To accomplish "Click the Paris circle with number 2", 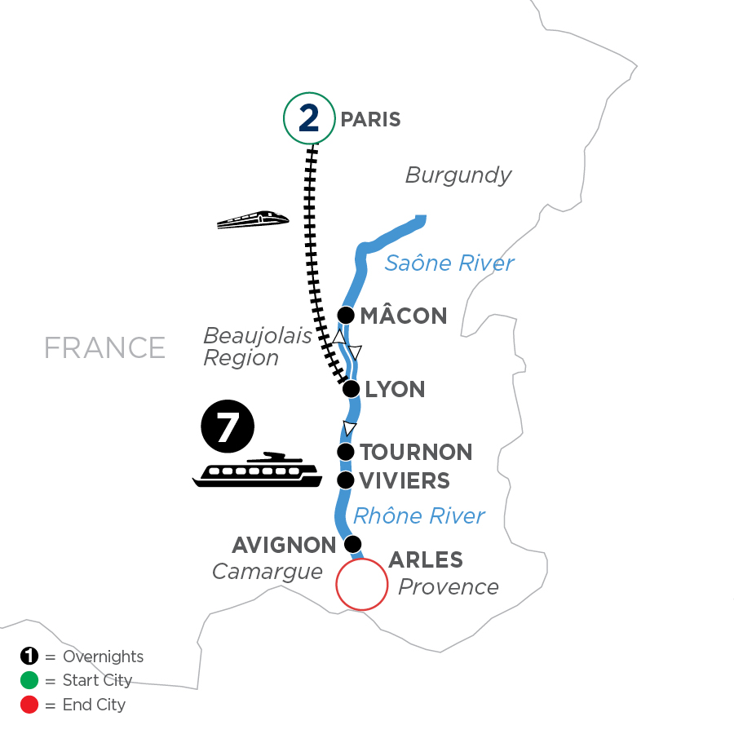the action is click(309, 120).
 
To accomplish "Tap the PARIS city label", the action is click(370, 120).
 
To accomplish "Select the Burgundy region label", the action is click(458, 175).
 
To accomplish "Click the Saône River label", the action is click(449, 263).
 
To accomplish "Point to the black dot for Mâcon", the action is click(346, 316).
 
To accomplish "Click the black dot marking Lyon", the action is click(352, 388).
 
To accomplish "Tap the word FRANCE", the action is click(104, 347).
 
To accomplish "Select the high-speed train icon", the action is click(254, 219).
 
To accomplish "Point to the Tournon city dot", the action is click(346, 452).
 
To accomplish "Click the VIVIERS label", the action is click(405, 481).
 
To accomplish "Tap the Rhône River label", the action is click(419, 515).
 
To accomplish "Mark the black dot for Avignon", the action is click(352, 543).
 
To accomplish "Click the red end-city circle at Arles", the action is click(361, 584).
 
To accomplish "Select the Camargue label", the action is click(268, 572).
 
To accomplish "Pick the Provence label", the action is click(448, 586).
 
